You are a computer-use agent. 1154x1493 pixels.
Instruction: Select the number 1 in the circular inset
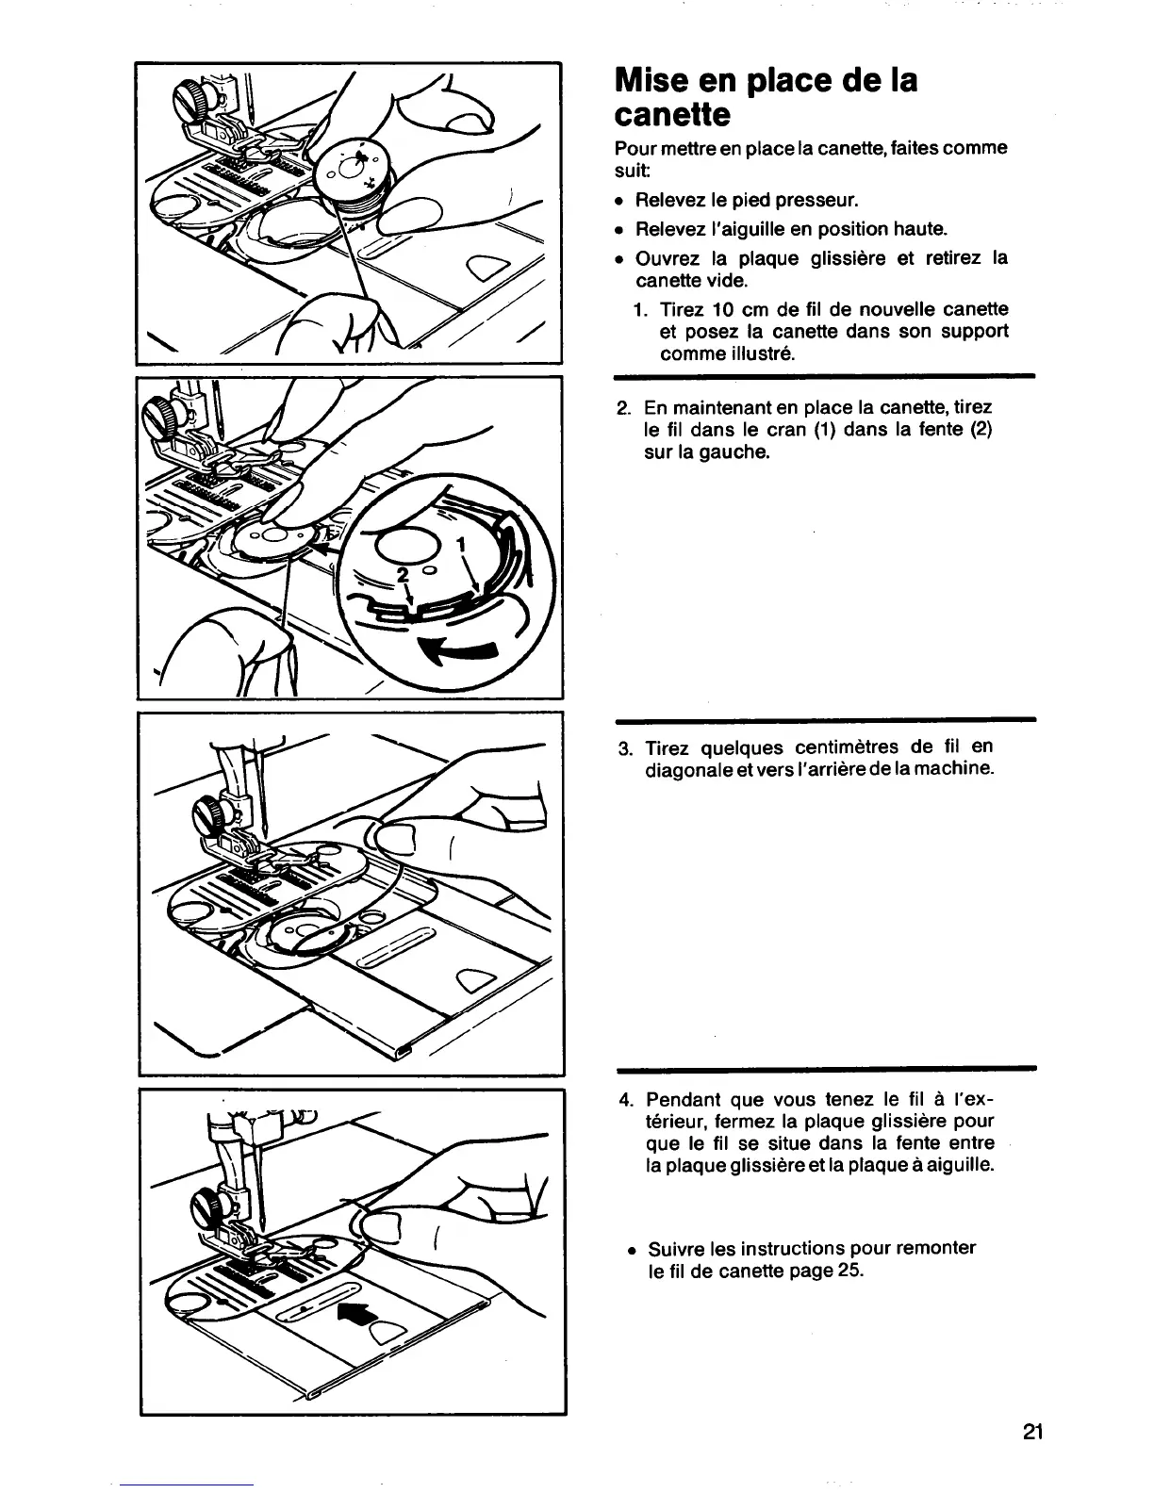pos(461,545)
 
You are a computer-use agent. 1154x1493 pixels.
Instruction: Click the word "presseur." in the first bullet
pos(817,201)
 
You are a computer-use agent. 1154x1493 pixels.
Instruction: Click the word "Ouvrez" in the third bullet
pos(667,259)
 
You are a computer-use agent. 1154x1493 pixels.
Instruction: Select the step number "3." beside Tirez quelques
pos(624,748)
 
